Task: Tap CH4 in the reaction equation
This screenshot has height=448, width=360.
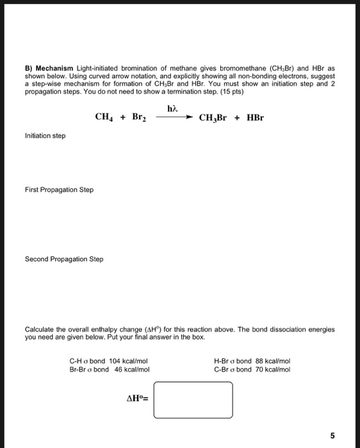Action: (x=105, y=117)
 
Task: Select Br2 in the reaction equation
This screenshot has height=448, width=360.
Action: (x=141, y=117)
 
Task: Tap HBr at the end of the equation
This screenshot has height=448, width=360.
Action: (x=255, y=118)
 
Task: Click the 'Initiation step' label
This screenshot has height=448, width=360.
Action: (x=45, y=136)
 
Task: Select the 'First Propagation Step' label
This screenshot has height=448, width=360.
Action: (x=59, y=189)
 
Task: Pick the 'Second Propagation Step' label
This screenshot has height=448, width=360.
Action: (x=64, y=259)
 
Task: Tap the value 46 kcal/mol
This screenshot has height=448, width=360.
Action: (x=132, y=369)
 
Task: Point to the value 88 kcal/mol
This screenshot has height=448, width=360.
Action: (x=272, y=361)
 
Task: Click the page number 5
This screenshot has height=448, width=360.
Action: (x=332, y=436)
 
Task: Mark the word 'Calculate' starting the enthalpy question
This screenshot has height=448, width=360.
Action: (x=40, y=330)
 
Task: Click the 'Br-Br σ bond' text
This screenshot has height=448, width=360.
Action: (x=89, y=369)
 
